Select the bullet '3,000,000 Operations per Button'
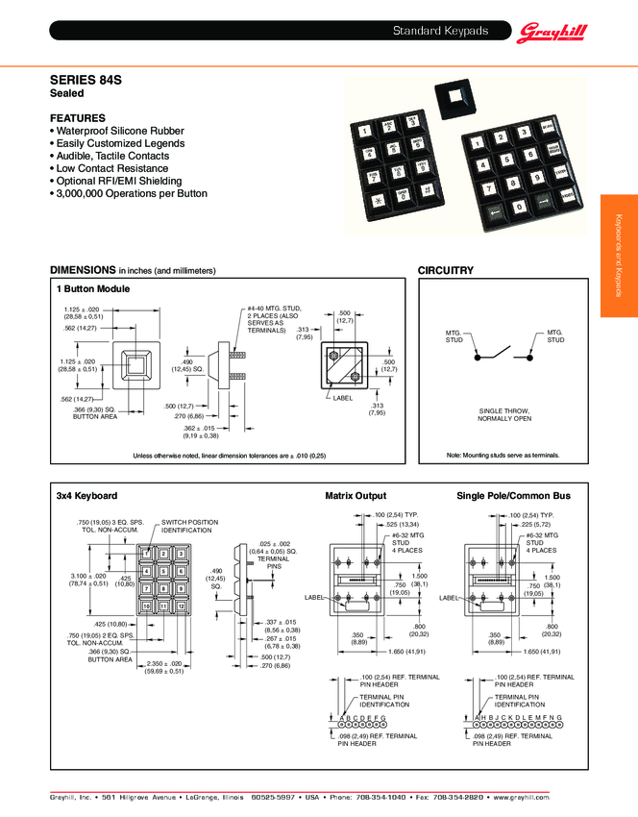click(130, 193)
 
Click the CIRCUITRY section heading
click(446, 271)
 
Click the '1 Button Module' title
click(93, 288)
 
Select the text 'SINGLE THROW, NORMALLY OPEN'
click(504, 415)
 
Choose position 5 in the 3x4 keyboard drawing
click(163, 572)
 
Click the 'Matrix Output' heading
click(356, 496)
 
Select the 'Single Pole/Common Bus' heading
click(513, 496)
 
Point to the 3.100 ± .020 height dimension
click(87, 579)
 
